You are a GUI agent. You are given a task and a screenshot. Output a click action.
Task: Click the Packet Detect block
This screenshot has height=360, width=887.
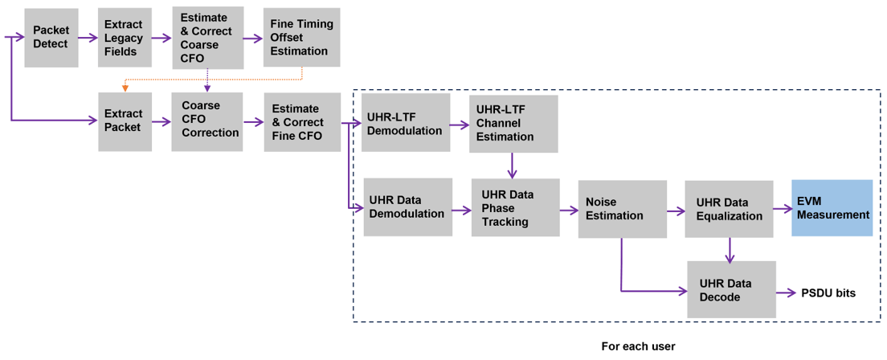coord(51,38)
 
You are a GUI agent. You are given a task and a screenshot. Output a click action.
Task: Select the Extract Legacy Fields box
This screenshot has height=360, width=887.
coord(125,38)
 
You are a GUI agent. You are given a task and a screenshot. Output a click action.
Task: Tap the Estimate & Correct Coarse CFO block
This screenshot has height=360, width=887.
coord(207,38)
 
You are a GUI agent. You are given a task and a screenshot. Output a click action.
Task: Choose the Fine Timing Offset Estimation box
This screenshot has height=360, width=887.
coord(301,38)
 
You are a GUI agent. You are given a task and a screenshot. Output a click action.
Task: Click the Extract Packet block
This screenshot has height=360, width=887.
coord(125,121)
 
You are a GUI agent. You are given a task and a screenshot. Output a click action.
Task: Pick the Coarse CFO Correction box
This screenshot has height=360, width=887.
coord(207,121)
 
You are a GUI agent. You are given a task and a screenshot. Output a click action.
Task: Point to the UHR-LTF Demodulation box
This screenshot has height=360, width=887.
coord(404,124)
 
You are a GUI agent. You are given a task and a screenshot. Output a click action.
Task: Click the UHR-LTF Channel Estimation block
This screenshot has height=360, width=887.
coord(513,124)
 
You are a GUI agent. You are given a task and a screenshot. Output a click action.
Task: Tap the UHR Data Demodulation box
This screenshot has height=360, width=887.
coord(407,207)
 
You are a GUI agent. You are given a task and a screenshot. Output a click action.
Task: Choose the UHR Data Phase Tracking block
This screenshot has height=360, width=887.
coord(515,208)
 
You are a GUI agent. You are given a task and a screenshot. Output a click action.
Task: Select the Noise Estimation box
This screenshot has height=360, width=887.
coord(622,209)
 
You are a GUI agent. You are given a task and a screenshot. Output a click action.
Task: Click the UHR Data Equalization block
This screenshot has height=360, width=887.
coord(729,209)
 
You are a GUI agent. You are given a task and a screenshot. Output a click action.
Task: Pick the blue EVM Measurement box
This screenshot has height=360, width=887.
coord(832,208)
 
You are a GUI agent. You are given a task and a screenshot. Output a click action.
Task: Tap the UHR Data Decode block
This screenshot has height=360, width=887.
coord(731,290)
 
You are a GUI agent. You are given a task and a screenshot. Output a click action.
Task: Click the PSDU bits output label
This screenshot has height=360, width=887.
coord(828,292)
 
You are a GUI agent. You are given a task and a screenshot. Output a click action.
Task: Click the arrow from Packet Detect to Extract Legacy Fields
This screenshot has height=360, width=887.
coord(88,38)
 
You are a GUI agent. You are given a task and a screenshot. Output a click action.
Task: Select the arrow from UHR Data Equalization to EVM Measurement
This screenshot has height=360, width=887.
coord(782,209)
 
